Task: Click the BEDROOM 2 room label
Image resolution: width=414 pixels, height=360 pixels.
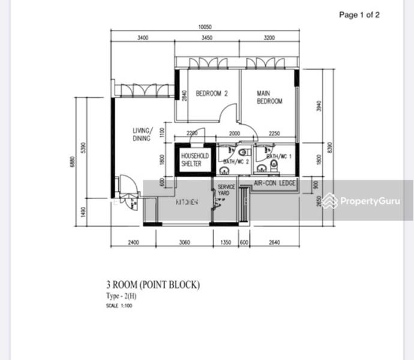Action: click(212, 94)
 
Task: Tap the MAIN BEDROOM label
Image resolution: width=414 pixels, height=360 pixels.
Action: click(269, 97)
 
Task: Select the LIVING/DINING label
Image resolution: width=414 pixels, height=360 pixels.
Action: click(143, 134)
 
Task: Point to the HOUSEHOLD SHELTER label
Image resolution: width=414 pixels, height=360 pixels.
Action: click(195, 160)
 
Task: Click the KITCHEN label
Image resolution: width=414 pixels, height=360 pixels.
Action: click(187, 203)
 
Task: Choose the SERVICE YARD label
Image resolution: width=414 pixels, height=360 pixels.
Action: click(226, 190)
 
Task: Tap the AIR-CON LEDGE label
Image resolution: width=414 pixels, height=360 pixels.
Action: click(275, 183)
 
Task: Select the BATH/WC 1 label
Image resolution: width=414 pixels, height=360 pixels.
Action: click(279, 157)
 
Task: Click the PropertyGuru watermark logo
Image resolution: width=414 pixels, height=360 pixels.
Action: click(361, 201)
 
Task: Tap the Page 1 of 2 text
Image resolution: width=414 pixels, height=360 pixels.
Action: click(359, 15)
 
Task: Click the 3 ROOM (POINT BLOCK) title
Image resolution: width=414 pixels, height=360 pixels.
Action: click(152, 285)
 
